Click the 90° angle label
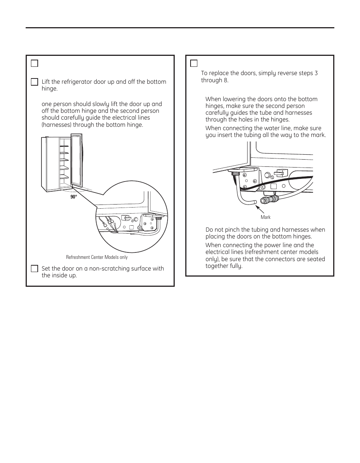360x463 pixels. (x=74, y=197)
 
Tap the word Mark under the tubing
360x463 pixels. (x=266, y=217)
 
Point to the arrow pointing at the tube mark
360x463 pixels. (x=260, y=209)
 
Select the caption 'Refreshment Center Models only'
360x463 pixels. (x=97, y=257)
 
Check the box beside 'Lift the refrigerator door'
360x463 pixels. (x=34, y=82)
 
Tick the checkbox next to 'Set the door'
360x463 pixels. (x=34, y=269)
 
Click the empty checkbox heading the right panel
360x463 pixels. (x=194, y=63)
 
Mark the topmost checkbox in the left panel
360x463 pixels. (x=34, y=63)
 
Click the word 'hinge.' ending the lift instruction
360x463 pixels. (x=49, y=89)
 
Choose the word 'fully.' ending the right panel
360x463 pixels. (x=235, y=266)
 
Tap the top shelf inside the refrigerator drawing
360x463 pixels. (x=64, y=146)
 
